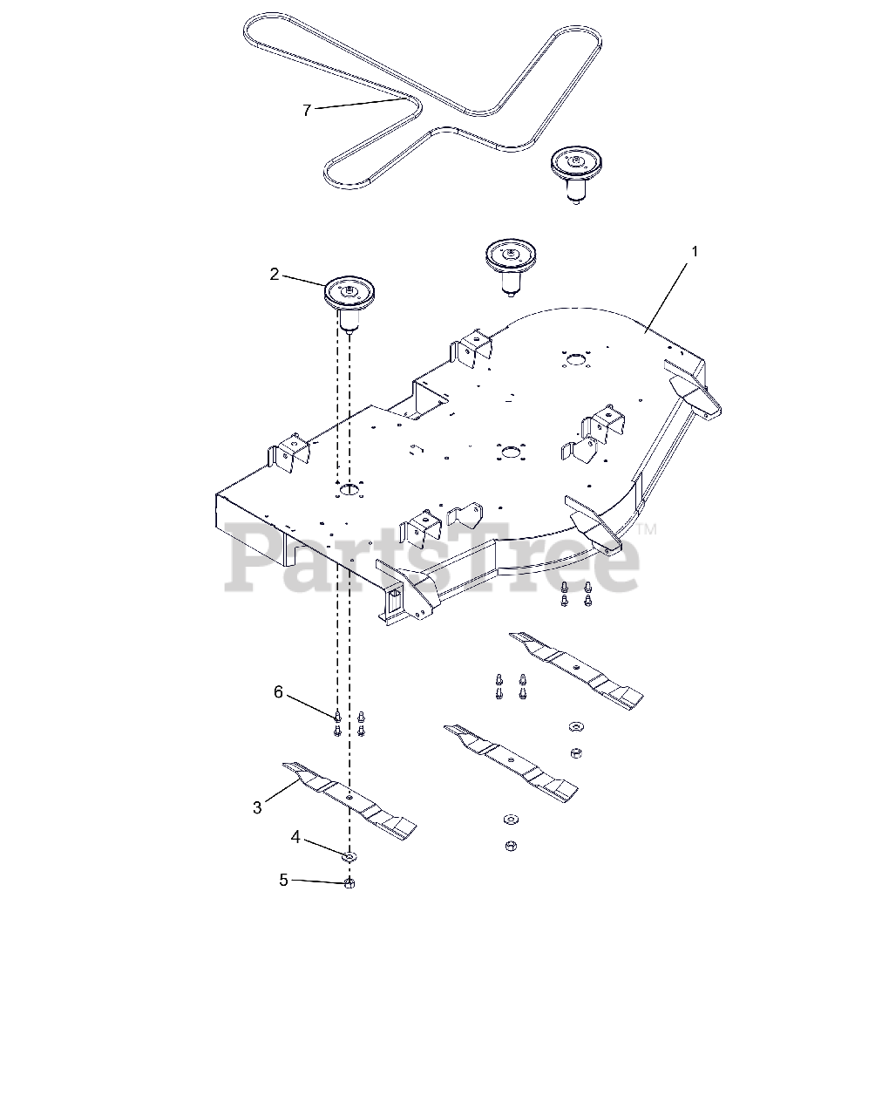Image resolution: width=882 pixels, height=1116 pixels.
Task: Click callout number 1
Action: click(x=695, y=251)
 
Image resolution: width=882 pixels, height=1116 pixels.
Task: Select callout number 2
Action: click(x=275, y=274)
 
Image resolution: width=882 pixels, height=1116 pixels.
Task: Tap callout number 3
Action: click(x=257, y=808)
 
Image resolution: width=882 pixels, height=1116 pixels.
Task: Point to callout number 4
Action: click(x=295, y=837)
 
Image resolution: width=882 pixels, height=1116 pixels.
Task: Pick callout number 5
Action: click(x=283, y=880)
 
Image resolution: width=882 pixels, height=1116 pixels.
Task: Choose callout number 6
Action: click(x=278, y=691)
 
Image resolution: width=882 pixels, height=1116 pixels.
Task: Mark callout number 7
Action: click(x=306, y=110)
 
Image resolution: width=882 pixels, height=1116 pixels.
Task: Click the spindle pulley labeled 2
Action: click(x=349, y=296)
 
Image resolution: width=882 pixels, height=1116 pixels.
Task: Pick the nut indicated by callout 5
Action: click(x=349, y=883)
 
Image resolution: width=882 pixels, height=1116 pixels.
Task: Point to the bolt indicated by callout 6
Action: click(x=337, y=718)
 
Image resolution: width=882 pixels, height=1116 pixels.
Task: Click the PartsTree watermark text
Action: click(x=431, y=558)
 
